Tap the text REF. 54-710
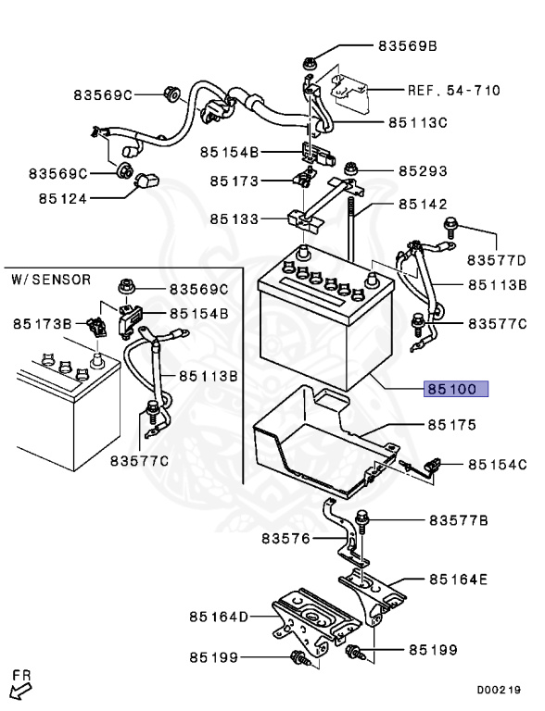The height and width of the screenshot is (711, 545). (x=454, y=91)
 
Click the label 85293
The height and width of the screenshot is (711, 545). (x=423, y=171)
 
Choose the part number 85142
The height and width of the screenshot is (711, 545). (x=423, y=205)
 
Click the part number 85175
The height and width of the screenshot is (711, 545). (x=450, y=425)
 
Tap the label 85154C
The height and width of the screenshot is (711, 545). (x=496, y=464)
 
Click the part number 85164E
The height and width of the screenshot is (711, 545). (x=456, y=580)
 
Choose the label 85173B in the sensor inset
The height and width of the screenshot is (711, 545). (x=42, y=323)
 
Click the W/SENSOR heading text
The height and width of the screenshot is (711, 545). (x=51, y=279)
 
